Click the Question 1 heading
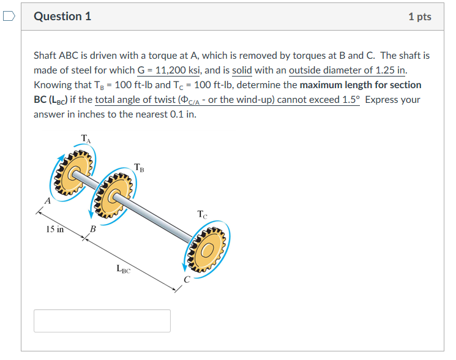click(x=62, y=17)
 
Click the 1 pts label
click(x=419, y=17)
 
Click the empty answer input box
click(x=102, y=321)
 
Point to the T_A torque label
click(x=85, y=139)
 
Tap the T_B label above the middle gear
click(x=140, y=167)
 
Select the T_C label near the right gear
click(x=203, y=214)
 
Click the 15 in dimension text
click(x=54, y=230)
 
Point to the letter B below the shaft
click(x=93, y=230)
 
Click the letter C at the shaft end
click(x=189, y=280)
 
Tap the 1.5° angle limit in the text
click(x=349, y=100)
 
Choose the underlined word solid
click(x=242, y=70)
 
